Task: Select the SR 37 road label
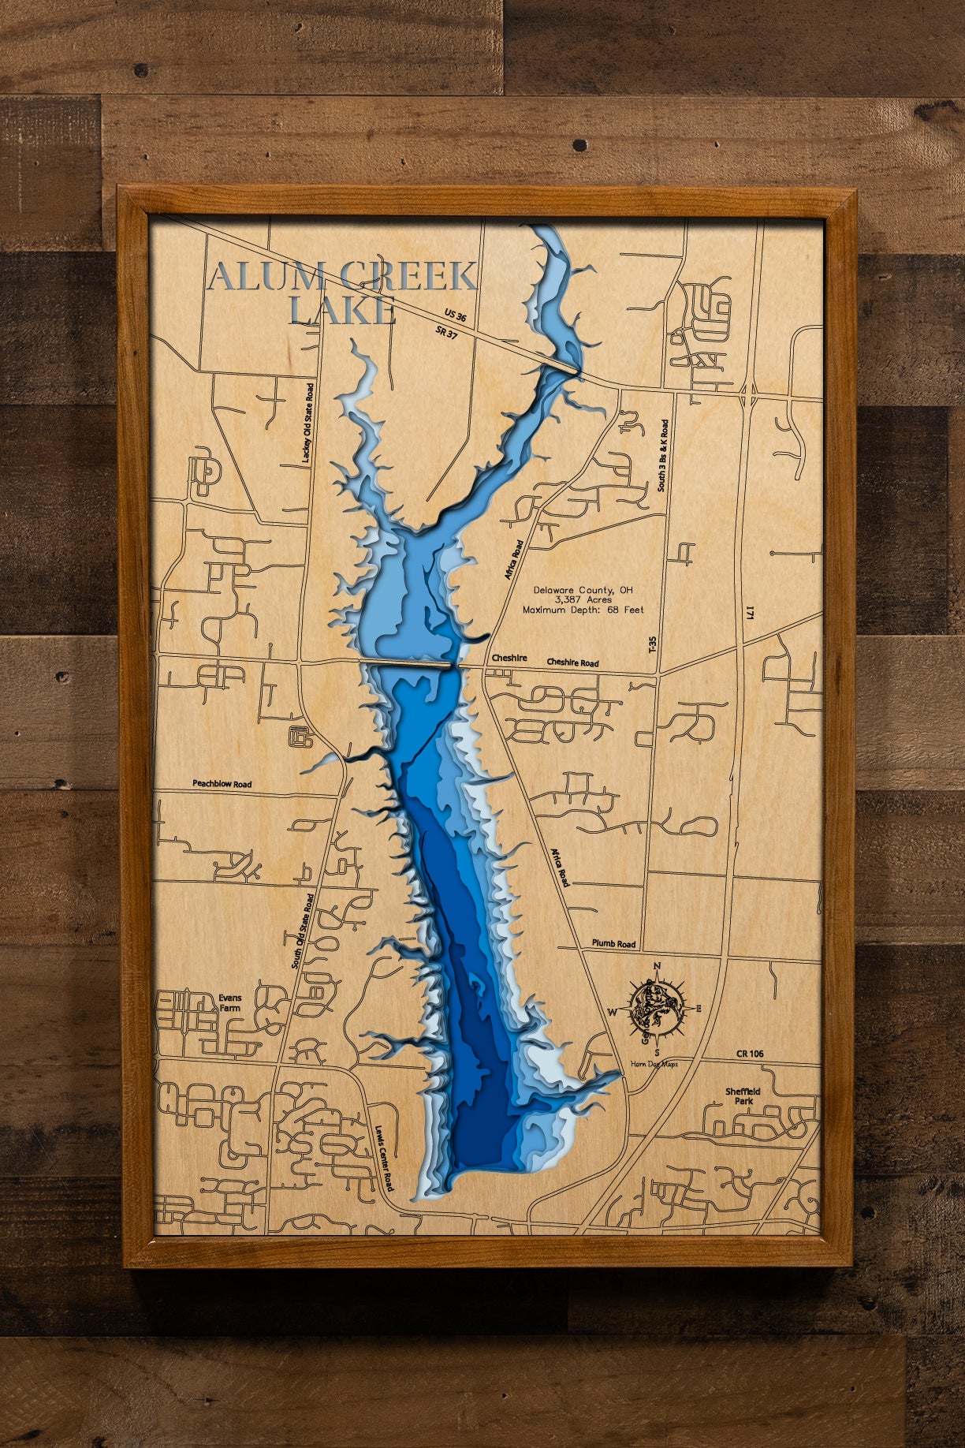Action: [x=445, y=334]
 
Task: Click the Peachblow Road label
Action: [x=222, y=784]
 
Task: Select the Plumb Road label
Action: [x=613, y=943]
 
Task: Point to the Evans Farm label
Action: [x=231, y=1002]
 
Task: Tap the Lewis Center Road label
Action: [x=385, y=1158]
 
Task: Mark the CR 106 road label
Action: [x=750, y=1054]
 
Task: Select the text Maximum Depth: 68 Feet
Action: [x=583, y=610]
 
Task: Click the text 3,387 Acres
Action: [x=583, y=600]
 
